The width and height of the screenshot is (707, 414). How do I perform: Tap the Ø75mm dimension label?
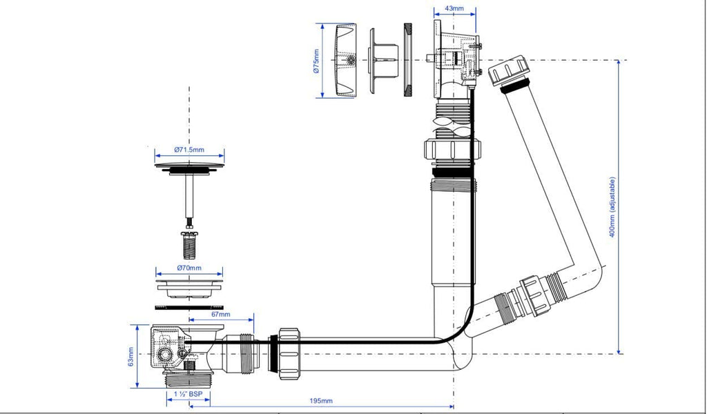click(316, 60)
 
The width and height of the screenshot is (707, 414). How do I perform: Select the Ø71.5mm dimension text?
click(189, 150)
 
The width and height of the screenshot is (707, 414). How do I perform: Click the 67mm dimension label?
click(220, 315)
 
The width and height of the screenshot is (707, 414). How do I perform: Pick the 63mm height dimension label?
click(132, 361)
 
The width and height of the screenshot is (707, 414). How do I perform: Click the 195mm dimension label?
click(320, 401)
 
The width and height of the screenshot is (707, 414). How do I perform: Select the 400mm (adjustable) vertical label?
click(612, 207)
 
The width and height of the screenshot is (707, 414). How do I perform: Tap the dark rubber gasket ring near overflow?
click(407, 60)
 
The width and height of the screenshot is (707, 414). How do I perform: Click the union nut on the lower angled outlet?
click(536, 294)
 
